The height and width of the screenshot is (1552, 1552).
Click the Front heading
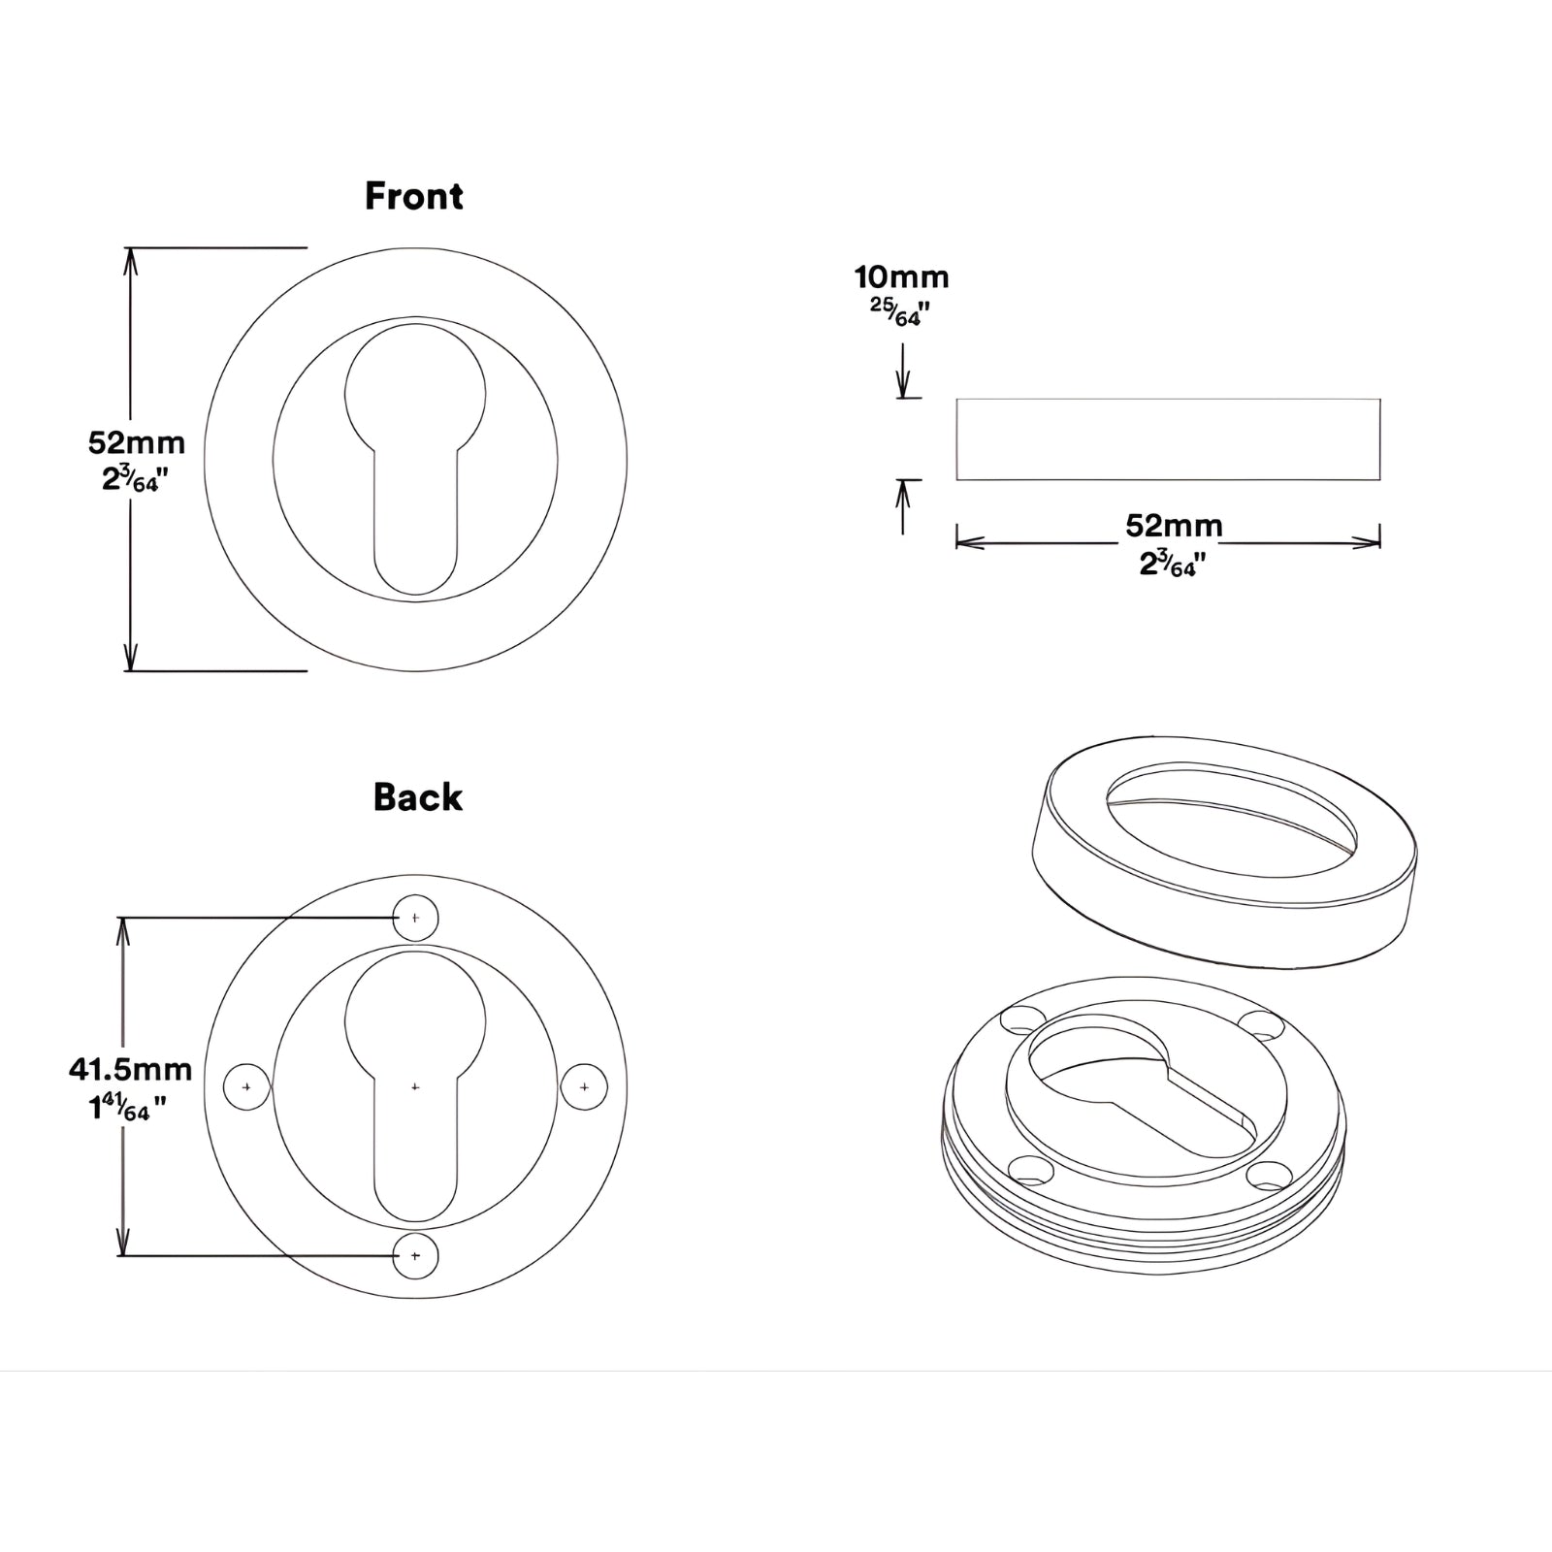[x=414, y=196]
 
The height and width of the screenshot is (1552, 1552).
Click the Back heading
[x=418, y=797]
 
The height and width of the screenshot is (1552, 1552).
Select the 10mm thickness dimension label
[x=901, y=277]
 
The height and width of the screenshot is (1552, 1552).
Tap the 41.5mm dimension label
[x=130, y=1069]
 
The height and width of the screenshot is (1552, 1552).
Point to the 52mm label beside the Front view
[x=137, y=442]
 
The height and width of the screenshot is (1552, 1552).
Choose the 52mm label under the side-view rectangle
[x=1174, y=526]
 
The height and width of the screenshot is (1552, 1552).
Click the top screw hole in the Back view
[x=415, y=918]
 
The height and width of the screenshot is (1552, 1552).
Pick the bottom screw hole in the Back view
[x=415, y=1256]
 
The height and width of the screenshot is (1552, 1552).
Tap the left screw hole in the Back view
[x=246, y=1087]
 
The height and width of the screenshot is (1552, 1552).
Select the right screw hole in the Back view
[x=584, y=1087]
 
